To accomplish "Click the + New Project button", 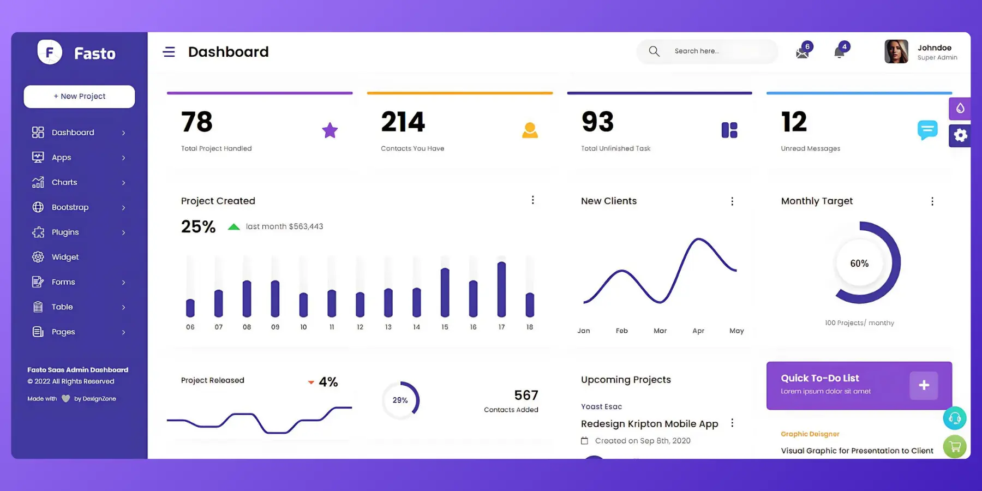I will pyautogui.click(x=79, y=97).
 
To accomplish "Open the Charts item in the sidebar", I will pyautogui.click(x=64, y=182).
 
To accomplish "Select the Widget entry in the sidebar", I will pyautogui.click(x=65, y=257).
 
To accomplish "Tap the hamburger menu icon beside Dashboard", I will pyautogui.click(x=169, y=52).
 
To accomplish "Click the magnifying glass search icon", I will pyautogui.click(x=654, y=51).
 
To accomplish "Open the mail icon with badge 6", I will pyautogui.click(x=803, y=52).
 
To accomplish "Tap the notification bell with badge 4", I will pyautogui.click(x=840, y=52).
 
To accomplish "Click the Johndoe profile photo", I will pyautogui.click(x=896, y=52).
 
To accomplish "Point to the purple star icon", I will pyautogui.click(x=330, y=130).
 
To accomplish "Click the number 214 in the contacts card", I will pyautogui.click(x=403, y=122).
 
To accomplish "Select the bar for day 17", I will pyautogui.click(x=501, y=289).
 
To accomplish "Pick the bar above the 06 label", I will pyautogui.click(x=190, y=308).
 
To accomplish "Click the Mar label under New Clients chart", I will pyautogui.click(x=660, y=331).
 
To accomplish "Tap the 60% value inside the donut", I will pyautogui.click(x=859, y=264).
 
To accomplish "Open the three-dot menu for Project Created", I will pyautogui.click(x=532, y=200).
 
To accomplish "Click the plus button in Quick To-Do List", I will pyautogui.click(x=924, y=385).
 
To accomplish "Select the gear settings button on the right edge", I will pyautogui.click(x=960, y=135).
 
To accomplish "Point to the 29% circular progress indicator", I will pyautogui.click(x=400, y=400).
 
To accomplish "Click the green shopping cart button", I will pyautogui.click(x=955, y=447).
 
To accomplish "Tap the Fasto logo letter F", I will pyautogui.click(x=50, y=53).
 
